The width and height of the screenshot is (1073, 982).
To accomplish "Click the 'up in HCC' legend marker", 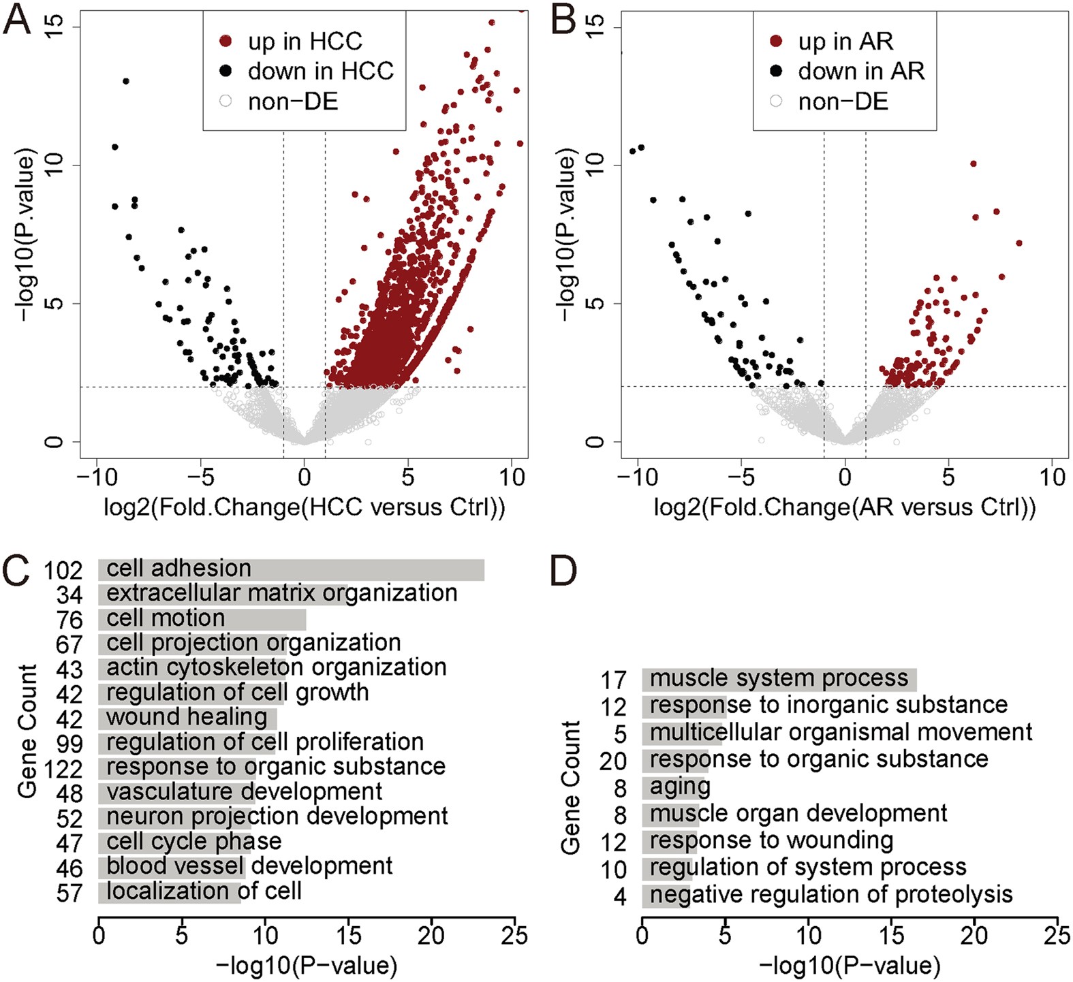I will pyautogui.click(x=226, y=42).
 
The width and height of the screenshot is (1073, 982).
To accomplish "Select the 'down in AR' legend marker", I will pyautogui.click(x=775, y=71).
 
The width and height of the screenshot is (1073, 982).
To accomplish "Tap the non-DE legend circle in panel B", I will pyautogui.click(x=775, y=101).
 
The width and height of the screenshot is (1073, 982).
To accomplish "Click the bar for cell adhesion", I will pyautogui.click(x=292, y=570).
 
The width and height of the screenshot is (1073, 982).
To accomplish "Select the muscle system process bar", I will pyautogui.click(x=779, y=680).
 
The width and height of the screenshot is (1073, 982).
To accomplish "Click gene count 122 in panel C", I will pyautogui.click(x=63, y=769).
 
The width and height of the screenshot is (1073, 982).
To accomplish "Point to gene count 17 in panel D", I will pyautogui.click(x=613, y=680).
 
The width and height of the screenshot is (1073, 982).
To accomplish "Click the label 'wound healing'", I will pyautogui.click(x=187, y=717).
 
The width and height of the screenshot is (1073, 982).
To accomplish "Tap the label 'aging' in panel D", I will pyautogui.click(x=679, y=787).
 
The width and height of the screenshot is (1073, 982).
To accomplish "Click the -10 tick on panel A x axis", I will pyautogui.click(x=96, y=477).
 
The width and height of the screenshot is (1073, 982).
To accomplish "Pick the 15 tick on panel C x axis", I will pyautogui.click(x=348, y=935).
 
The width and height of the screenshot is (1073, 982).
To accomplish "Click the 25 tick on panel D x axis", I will pyautogui.click(x=1057, y=935).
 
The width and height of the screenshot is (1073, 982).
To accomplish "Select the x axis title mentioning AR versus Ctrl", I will pyautogui.click(x=844, y=507).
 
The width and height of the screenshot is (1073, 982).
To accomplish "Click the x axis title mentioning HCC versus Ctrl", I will pyautogui.click(x=304, y=507).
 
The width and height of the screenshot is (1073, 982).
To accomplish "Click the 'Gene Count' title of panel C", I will pyautogui.click(x=27, y=731).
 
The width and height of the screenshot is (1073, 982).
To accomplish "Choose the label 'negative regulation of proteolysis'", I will pyautogui.click(x=830, y=894).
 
